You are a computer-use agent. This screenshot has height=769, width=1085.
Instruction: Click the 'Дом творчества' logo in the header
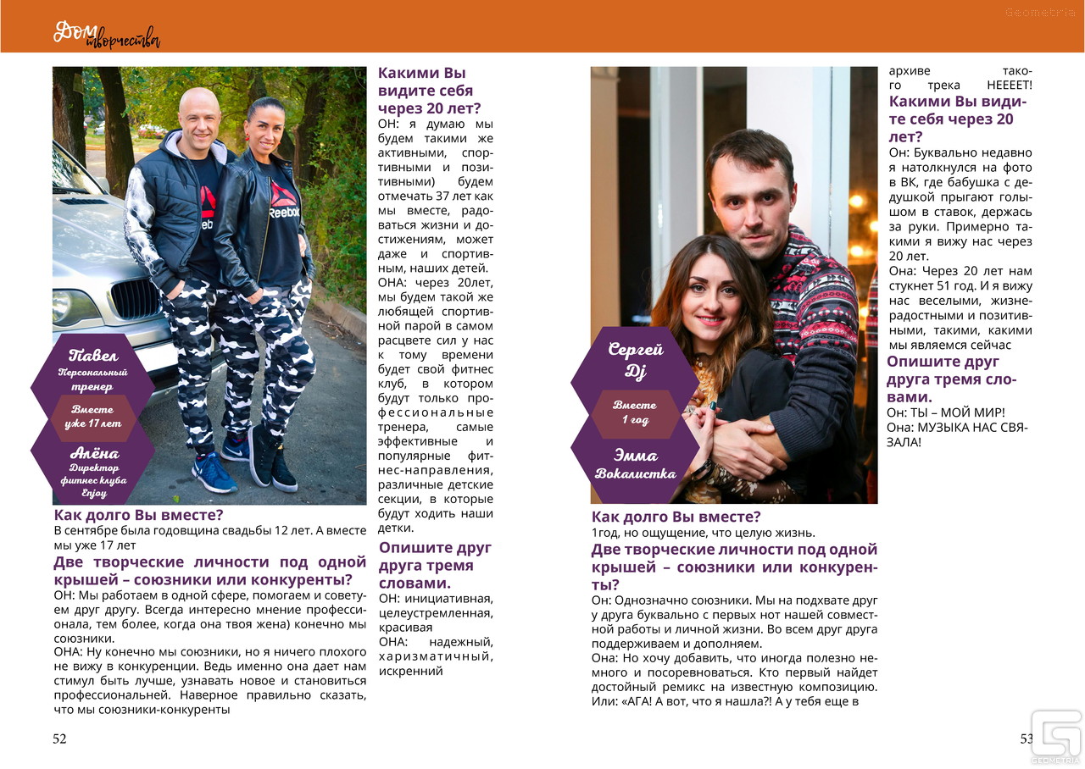click(107, 34)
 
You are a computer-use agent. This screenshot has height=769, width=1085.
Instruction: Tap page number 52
click(59, 739)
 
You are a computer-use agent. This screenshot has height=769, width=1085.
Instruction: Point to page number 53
click(1027, 739)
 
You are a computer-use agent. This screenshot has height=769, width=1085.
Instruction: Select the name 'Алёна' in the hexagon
click(94, 453)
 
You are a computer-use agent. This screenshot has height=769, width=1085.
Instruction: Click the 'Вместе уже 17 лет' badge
click(93, 417)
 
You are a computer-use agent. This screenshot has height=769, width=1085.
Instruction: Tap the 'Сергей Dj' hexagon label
click(636, 360)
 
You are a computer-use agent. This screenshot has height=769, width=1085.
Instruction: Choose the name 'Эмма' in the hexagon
click(635, 456)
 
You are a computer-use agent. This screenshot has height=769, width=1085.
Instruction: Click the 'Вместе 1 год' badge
click(635, 412)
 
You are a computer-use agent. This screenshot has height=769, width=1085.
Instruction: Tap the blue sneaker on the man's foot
click(214, 473)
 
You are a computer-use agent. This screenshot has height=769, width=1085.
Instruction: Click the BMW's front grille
click(135, 299)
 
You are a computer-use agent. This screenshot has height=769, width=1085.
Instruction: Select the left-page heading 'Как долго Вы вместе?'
click(139, 515)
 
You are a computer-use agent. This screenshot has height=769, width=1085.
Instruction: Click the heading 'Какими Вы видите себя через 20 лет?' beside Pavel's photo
click(429, 91)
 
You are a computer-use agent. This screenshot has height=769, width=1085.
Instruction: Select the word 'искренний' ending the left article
click(411, 671)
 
